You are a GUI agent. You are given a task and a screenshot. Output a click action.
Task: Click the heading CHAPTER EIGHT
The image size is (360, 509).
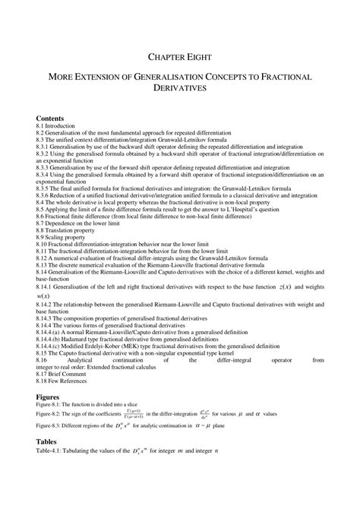tap(179, 56)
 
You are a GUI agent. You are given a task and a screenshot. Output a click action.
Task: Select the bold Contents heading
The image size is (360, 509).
tap(50, 119)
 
